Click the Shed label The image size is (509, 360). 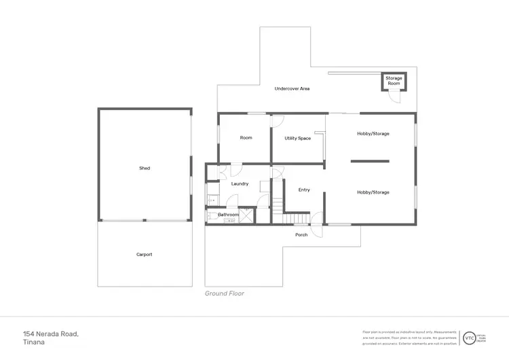[x=145, y=168]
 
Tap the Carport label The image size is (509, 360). [x=145, y=255]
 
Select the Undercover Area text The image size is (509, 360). [x=292, y=89]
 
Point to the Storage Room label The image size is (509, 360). [x=394, y=81]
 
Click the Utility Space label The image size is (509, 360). [x=297, y=138]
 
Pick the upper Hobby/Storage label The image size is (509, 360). [x=373, y=134]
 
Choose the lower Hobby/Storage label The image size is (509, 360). [x=373, y=192]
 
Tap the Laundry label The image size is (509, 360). [x=240, y=183]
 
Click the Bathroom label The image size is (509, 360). [x=228, y=215]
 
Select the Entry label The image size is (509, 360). [x=304, y=190]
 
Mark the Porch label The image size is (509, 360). [x=301, y=235]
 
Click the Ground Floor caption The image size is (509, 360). [x=225, y=293]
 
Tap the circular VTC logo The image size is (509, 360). [x=469, y=337]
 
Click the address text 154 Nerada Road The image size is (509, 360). [x=51, y=334]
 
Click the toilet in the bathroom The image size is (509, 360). [x=212, y=215]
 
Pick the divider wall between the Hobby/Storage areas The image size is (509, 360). [x=370, y=161]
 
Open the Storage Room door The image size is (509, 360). [x=394, y=98]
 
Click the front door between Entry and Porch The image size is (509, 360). [x=317, y=219]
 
